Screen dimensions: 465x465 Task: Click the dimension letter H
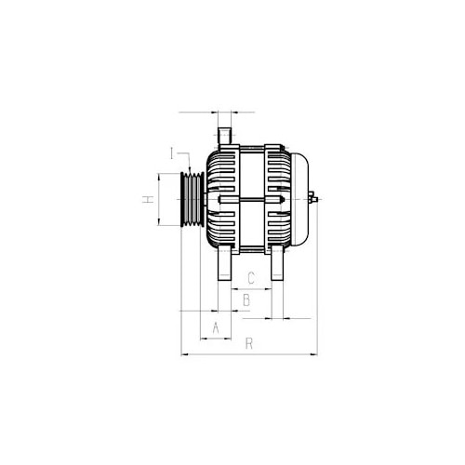pos(148,199)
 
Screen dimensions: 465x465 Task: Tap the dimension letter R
pos(249,343)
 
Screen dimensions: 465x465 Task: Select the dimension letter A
pos(216,327)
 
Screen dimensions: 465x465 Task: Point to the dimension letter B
pos(246,300)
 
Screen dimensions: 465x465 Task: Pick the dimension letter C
pos(251,278)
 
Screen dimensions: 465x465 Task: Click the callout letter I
pos(172,153)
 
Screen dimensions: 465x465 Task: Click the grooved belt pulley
pos(193,199)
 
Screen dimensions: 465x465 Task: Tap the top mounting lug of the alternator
pos(224,136)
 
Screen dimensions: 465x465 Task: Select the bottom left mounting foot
pos(224,263)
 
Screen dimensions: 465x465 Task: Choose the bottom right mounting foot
pos(277,263)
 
